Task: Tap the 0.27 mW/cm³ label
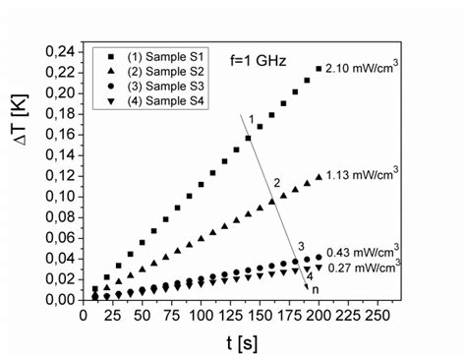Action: pos(361,267)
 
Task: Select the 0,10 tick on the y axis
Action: pos(58,196)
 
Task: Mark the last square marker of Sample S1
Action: pos(318,69)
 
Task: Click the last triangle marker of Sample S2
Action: pos(318,177)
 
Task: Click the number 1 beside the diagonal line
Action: pos(252,120)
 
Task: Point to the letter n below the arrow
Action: pos(316,289)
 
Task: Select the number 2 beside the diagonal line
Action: pos(277,183)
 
